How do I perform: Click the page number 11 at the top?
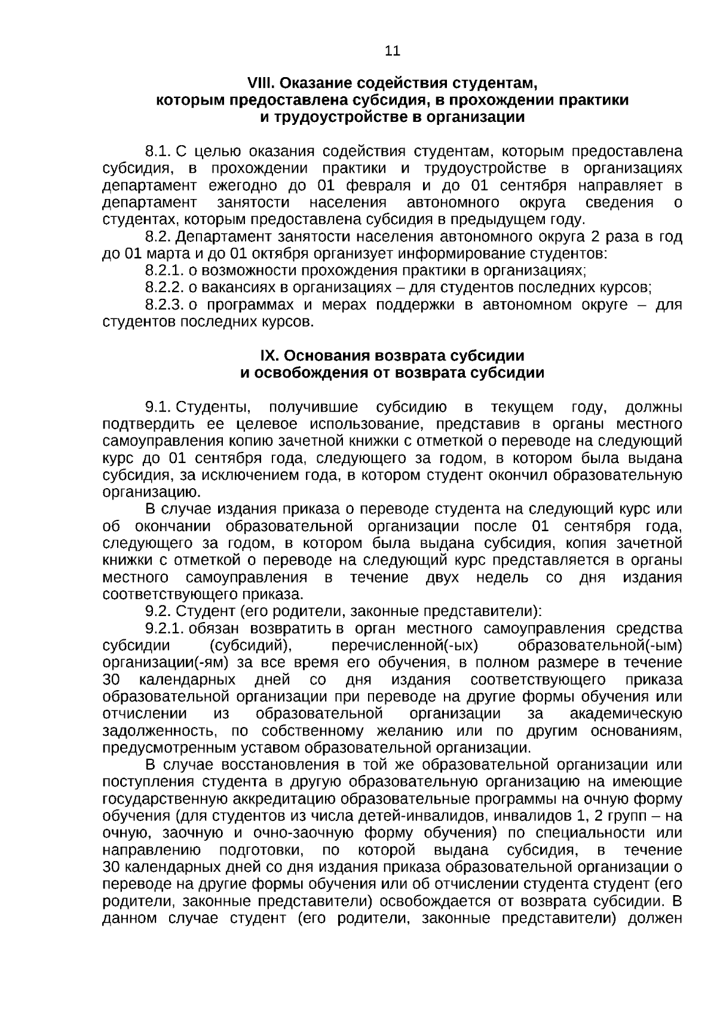tap(393, 51)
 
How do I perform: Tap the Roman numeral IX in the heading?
tap(269, 356)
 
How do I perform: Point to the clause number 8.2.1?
tap(164, 271)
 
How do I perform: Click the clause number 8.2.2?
tap(164, 288)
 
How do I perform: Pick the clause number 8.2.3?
tap(164, 305)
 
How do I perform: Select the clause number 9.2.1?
tap(164, 629)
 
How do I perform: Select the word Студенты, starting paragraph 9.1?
tap(214, 408)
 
